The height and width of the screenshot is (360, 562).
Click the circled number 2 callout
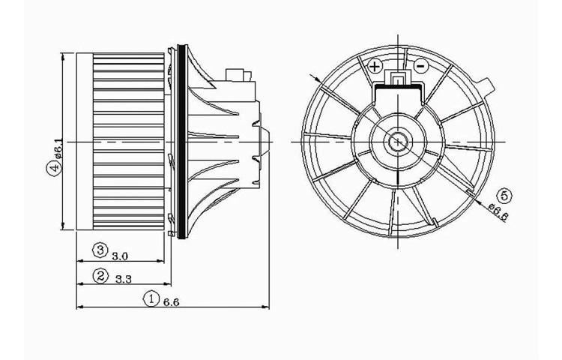[x=100, y=275]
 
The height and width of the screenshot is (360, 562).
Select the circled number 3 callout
[x=100, y=250]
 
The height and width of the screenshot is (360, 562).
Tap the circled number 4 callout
[x=52, y=169]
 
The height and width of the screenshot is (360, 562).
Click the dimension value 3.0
[x=119, y=255]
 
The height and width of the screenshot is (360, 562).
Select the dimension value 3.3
[x=124, y=280]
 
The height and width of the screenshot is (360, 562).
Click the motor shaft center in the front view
[x=396, y=141]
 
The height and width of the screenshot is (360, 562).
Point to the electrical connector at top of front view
[x=396, y=80]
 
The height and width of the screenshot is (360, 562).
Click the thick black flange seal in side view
[x=178, y=141]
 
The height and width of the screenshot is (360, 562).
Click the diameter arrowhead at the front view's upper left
[x=320, y=79]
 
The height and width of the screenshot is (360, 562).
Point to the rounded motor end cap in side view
[x=265, y=140]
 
